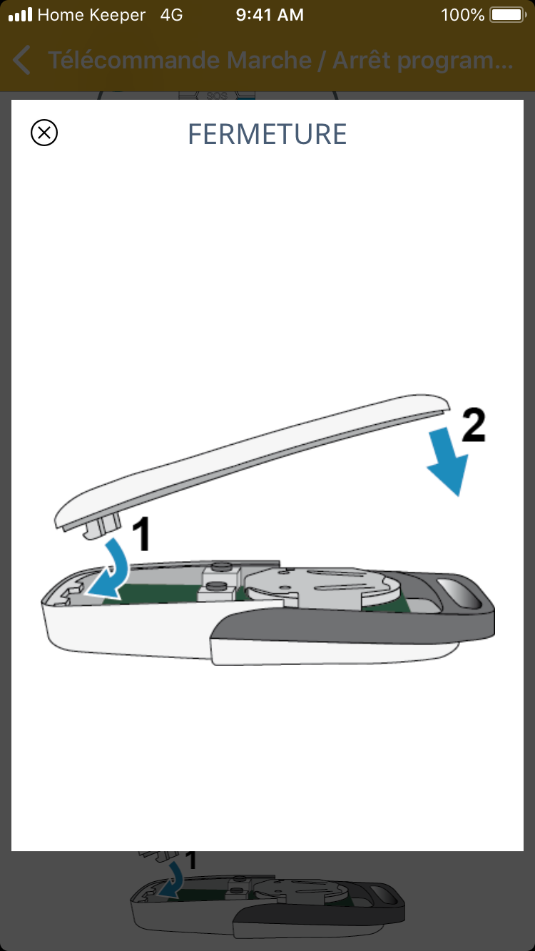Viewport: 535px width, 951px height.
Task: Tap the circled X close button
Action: click(44, 133)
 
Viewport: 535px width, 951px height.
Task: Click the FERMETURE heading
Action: click(267, 134)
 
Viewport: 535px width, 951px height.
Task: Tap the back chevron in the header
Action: click(21, 60)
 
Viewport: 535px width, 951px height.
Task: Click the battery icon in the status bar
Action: click(508, 15)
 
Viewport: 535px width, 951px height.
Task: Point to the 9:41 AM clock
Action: click(270, 15)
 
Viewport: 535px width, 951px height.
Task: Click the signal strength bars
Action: click(21, 15)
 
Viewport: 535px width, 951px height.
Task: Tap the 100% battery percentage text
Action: click(462, 15)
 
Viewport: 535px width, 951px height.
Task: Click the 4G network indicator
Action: click(171, 15)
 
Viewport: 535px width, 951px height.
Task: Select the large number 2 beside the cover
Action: click(474, 425)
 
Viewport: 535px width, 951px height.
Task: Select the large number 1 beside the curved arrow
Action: click(141, 534)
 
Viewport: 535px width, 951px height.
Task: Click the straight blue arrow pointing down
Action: click(448, 461)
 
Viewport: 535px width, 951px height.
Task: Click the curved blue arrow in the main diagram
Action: click(112, 570)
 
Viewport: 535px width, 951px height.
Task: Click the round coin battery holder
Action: click(323, 588)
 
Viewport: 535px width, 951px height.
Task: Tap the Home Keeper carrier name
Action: click(91, 15)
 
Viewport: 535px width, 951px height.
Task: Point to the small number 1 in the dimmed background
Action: click(191, 861)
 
